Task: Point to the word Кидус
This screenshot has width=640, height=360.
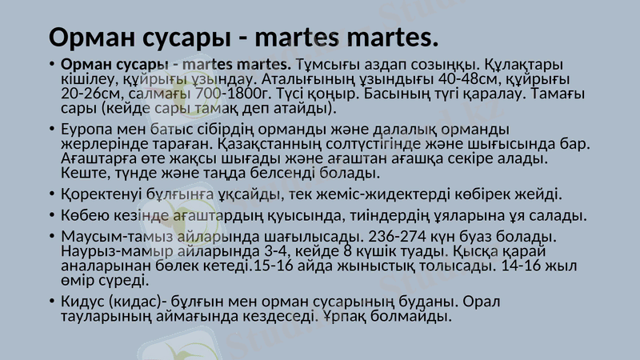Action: [82, 302]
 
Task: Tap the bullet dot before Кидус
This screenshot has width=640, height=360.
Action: [51, 302]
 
